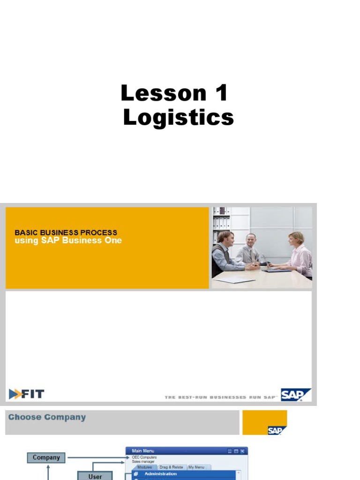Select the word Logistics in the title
(178, 117)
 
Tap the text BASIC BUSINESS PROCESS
(66, 232)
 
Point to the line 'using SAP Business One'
(68, 240)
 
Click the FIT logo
(27, 394)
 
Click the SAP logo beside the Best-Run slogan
(295, 394)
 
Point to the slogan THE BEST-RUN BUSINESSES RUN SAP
(220, 397)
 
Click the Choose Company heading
(47, 417)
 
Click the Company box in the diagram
(46, 457)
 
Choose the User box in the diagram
(95, 476)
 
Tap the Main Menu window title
(143, 451)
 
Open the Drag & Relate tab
(171, 467)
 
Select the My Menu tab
(197, 467)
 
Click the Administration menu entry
(160, 474)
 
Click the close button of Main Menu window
(242, 451)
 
